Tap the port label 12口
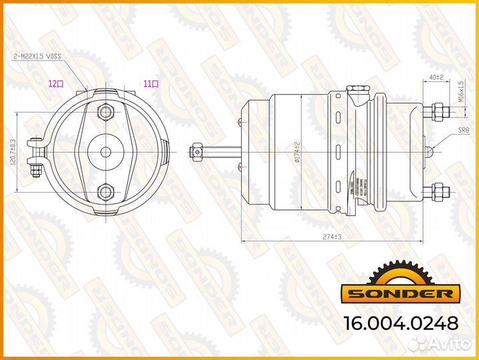(55, 84)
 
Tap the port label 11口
(151, 84)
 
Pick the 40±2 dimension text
(436, 78)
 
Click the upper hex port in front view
(106, 111)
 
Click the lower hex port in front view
(106, 193)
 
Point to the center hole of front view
(106, 152)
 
